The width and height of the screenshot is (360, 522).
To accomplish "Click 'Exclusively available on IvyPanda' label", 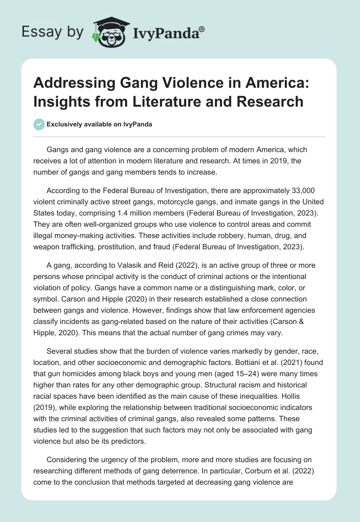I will [x=99, y=124].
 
